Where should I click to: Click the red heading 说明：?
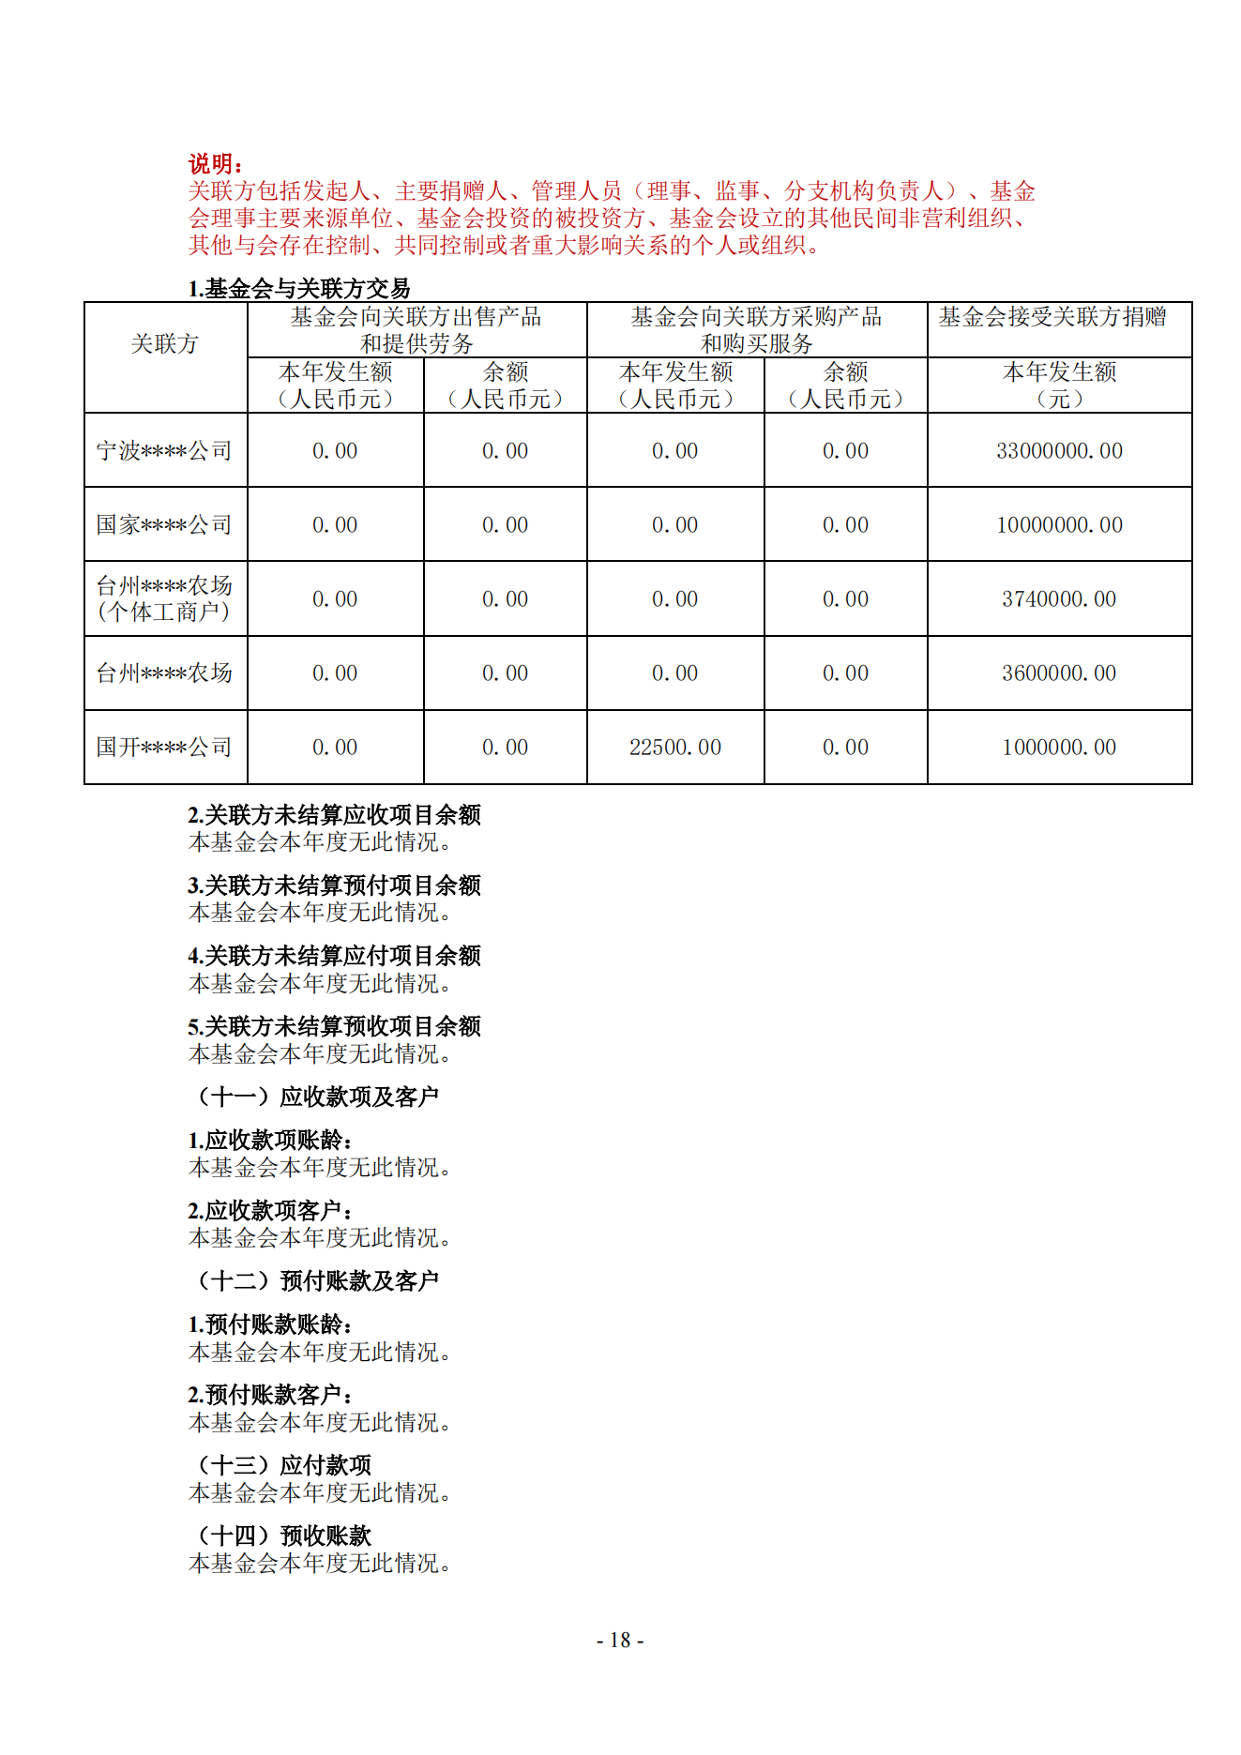pyautogui.click(x=216, y=164)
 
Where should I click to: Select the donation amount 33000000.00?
pyautogui.click(x=1059, y=451)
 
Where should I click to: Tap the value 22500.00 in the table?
pyautogui.click(x=674, y=748)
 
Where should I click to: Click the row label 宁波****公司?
pyautogui.click(x=164, y=451)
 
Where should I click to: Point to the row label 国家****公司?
pyautogui.click(x=164, y=525)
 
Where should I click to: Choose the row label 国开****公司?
pyautogui.click(x=164, y=748)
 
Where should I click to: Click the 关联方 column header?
pyautogui.click(x=165, y=344)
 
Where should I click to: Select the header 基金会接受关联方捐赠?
pyautogui.click(x=1052, y=317)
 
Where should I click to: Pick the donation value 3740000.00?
pyautogui.click(x=1059, y=599)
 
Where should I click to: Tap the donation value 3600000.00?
pyautogui.click(x=1059, y=673)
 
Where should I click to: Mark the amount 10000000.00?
pyautogui.click(x=1059, y=525)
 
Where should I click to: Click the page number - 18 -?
pyautogui.click(x=620, y=1640)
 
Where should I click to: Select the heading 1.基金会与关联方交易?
pyautogui.click(x=299, y=289)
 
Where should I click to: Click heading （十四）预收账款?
pyautogui.click(x=283, y=1536)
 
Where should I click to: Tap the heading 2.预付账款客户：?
pyautogui.click(x=271, y=1395)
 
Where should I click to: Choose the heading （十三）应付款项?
pyautogui.click(x=283, y=1465)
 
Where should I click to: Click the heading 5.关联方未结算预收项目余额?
pyautogui.click(x=334, y=1026)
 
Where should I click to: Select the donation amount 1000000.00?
pyautogui.click(x=1059, y=748)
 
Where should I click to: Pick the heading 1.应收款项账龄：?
pyautogui.click(x=271, y=1141)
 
